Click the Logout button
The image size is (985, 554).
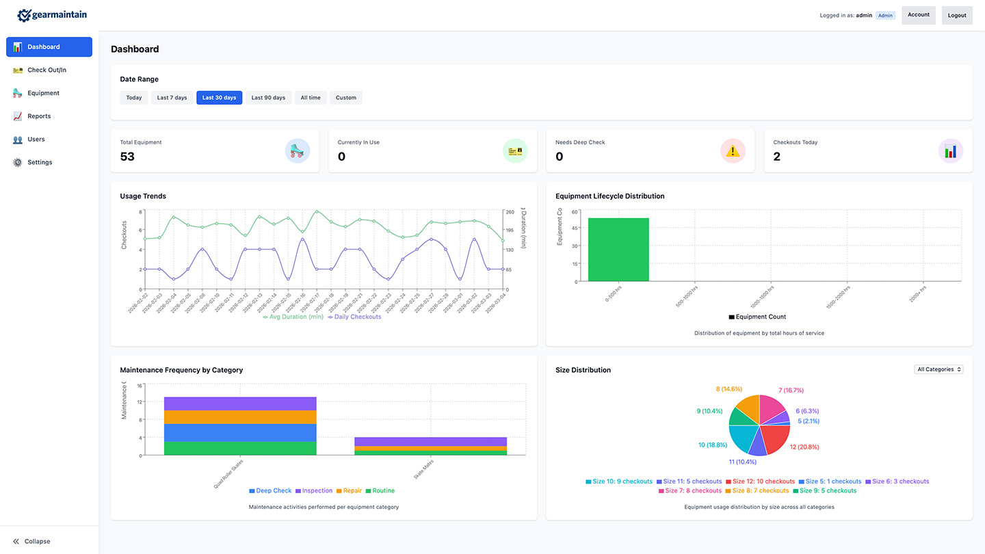pos(957,15)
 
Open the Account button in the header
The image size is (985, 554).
pos(918,15)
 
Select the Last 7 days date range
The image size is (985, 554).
pos(172,98)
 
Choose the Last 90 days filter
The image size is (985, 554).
pos(268,98)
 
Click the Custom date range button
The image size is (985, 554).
pos(345,98)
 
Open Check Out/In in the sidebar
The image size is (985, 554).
pos(47,70)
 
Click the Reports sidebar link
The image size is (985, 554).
pos(39,116)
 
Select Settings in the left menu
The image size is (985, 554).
pos(40,162)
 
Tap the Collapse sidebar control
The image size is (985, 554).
pos(31,541)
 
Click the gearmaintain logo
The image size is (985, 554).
pos(52,14)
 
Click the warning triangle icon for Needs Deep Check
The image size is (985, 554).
pos(733,150)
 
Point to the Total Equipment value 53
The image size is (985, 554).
pos(127,157)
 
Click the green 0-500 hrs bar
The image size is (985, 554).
pos(618,250)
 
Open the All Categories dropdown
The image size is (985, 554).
pos(938,369)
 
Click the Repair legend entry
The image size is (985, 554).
pos(352,490)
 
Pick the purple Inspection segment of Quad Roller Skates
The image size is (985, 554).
pos(240,403)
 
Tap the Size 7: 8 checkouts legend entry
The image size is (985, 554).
pos(689,490)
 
